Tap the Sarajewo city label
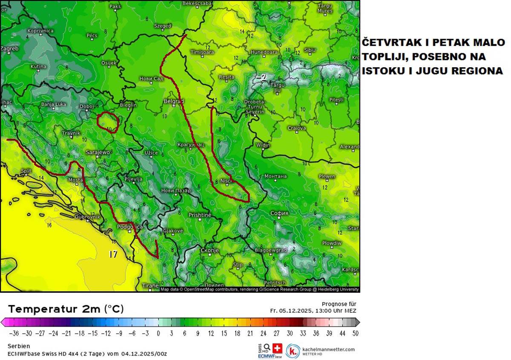98,152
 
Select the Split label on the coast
26,171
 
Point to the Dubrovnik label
87,217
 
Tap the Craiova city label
296,128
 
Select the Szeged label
162,26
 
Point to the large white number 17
113,254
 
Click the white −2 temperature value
261,77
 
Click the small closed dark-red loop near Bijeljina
106,123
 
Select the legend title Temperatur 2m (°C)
66,309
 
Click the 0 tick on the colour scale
158,333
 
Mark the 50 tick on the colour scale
356,333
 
